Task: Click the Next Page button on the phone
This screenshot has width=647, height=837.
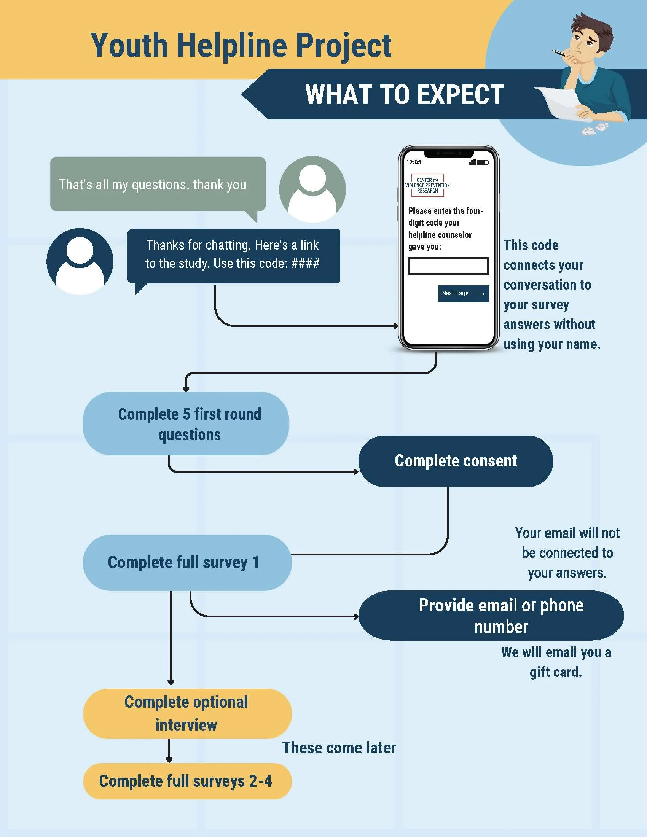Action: (x=464, y=294)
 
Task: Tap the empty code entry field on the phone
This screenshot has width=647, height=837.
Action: (x=448, y=266)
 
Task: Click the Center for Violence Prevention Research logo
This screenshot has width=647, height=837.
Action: (x=427, y=186)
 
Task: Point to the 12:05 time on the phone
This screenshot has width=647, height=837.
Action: (x=414, y=162)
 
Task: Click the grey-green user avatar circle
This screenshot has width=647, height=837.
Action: (x=312, y=189)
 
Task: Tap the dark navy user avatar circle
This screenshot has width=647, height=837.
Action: (x=80, y=262)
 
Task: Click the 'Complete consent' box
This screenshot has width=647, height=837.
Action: (x=455, y=461)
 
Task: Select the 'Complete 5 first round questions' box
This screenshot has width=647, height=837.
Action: (x=186, y=423)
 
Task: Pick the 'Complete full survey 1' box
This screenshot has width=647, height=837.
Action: (x=187, y=562)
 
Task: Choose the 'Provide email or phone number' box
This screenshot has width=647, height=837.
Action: (x=491, y=616)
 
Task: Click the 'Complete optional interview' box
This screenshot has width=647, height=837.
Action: (x=187, y=714)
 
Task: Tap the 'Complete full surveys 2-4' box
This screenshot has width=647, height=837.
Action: (x=187, y=781)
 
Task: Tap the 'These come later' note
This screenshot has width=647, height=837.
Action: (x=339, y=748)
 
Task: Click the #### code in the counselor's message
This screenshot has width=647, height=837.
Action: (x=305, y=264)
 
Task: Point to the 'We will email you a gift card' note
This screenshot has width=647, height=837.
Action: (x=556, y=662)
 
